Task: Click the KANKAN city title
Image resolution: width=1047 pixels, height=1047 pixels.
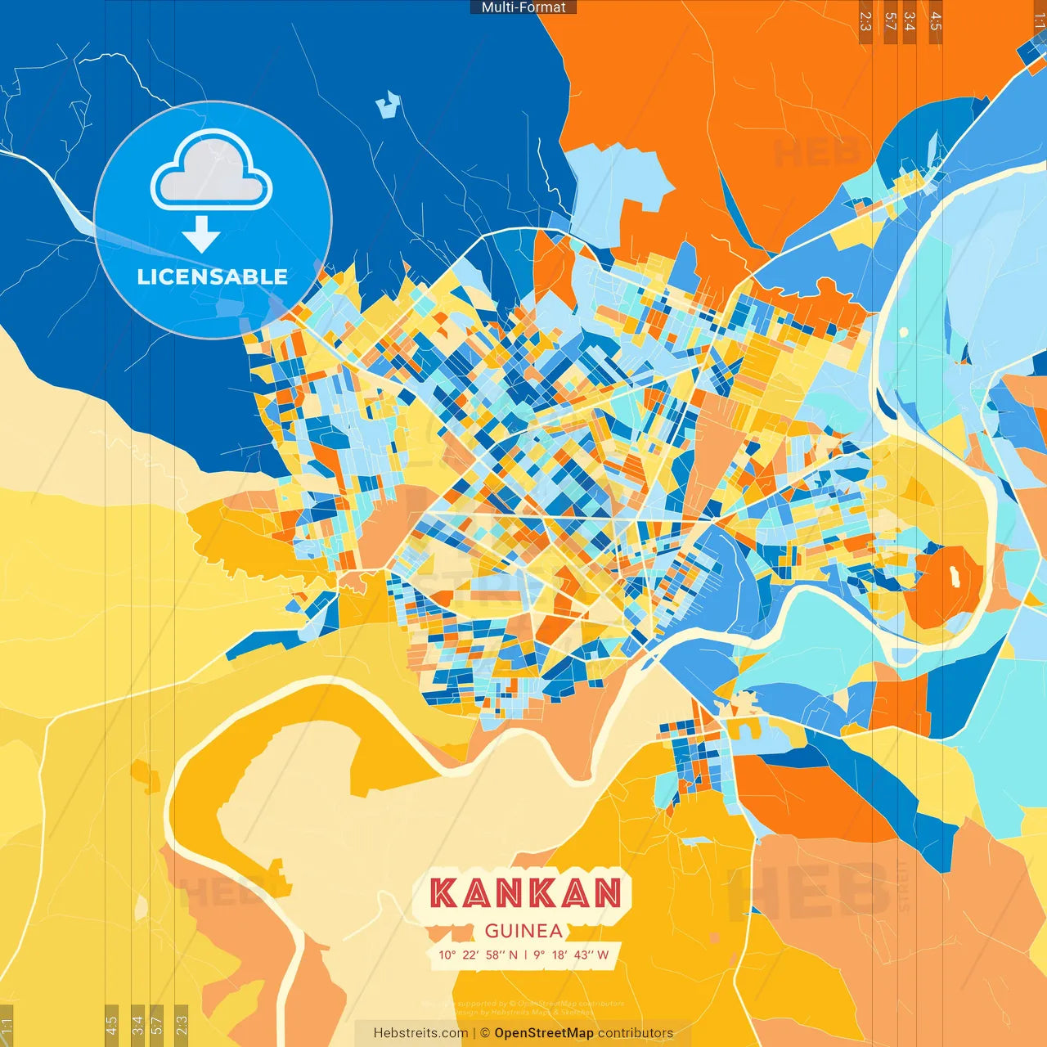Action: (525, 893)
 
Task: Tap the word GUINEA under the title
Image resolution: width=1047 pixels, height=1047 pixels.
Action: (523, 931)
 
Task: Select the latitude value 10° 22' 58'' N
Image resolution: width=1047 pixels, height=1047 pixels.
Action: (479, 955)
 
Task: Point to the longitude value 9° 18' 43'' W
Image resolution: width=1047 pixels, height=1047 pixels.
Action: (571, 955)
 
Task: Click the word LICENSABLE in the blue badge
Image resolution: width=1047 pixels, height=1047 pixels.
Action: (212, 276)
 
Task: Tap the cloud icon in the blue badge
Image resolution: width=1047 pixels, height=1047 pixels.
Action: (211, 170)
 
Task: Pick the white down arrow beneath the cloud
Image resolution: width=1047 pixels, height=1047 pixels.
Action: (201, 234)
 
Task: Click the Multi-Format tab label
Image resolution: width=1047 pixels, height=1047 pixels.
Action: (523, 7)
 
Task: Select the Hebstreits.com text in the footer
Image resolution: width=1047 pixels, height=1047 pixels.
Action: (420, 1033)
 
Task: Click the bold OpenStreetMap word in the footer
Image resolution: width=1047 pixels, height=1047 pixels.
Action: (544, 1033)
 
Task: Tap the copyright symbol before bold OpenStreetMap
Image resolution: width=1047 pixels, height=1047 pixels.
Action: (485, 1033)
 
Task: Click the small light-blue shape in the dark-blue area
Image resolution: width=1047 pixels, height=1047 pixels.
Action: (388, 104)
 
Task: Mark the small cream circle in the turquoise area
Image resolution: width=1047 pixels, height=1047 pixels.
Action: (904, 333)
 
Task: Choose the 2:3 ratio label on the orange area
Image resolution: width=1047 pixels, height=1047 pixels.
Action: (865, 21)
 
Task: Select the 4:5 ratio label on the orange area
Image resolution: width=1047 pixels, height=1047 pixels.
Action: (935, 21)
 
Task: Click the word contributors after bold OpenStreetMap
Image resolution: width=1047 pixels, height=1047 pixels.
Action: (636, 1033)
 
